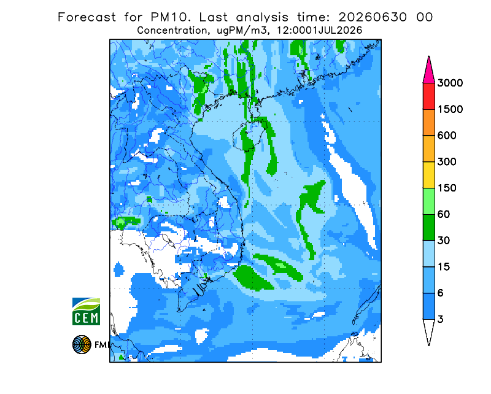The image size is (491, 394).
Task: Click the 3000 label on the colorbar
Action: (x=450, y=83)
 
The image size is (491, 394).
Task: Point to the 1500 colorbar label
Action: (x=450, y=109)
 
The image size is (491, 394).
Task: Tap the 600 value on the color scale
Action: (x=447, y=136)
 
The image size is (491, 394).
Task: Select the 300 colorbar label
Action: (x=447, y=162)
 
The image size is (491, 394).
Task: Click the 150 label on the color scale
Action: (x=447, y=188)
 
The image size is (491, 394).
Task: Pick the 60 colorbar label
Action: (x=444, y=215)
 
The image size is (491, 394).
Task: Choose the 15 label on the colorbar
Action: (x=444, y=267)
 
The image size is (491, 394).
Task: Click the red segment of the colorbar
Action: (x=428, y=96)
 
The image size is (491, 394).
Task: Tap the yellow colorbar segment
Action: (x=428, y=175)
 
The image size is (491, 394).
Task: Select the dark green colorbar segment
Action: (x=428, y=228)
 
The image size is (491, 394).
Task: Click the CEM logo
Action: (x=86, y=311)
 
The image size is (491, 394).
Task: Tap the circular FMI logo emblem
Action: (x=82, y=344)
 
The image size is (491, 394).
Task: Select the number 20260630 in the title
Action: (x=373, y=17)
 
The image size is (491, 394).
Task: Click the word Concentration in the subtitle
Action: (x=172, y=31)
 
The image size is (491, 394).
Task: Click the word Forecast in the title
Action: (x=87, y=17)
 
